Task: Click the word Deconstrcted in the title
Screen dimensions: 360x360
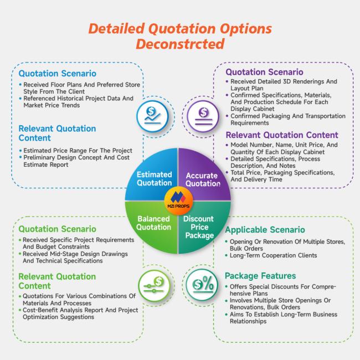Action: pos(180,44)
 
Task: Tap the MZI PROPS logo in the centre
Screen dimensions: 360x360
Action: pos(178,200)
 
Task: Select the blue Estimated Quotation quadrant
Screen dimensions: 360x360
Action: pos(152,175)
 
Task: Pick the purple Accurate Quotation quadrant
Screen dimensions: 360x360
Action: pos(204,175)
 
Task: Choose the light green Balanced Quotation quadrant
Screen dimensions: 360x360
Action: pos(152,227)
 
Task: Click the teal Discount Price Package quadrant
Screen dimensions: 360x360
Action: pos(204,227)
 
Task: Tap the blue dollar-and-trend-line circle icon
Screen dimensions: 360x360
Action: pos(152,116)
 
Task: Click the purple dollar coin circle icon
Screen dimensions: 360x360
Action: pos(203,116)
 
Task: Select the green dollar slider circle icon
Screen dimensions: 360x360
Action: pos(155,285)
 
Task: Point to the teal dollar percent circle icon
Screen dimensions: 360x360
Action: pos(202,285)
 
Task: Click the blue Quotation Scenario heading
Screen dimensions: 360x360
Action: pos(58,74)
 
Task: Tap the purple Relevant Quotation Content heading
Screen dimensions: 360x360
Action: pos(282,135)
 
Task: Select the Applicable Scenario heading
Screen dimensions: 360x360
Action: pos(265,230)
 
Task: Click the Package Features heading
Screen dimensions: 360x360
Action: pos(260,276)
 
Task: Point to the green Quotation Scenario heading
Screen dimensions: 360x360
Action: pos(58,229)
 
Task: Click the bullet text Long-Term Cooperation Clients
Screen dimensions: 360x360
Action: pos(273,255)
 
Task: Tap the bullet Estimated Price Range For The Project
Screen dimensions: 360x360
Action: pos(78,151)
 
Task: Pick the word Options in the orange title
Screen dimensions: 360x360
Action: pos(246,29)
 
